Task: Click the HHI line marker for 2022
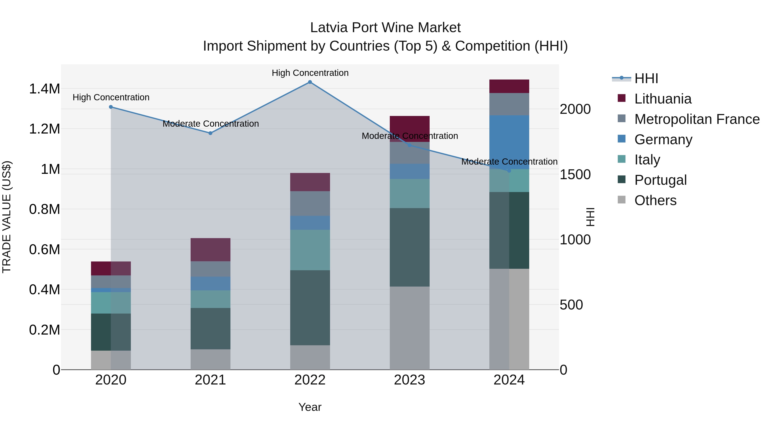[x=310, y=82]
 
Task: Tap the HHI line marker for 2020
[x=111, y=107]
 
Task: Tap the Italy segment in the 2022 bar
[x=310, y=250]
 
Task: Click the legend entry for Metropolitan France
[x=697, y=119]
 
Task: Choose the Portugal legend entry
[x=660, y=180]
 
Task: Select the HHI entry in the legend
[x=646, y=78]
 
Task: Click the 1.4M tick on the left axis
[x=44, y=89]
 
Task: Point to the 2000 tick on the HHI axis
[x=575, y=109]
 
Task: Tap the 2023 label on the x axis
[x=409, y=380]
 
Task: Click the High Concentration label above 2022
[x=310, y=73]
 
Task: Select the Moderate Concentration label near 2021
[x=210, y=124]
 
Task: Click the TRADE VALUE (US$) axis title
[x=7, y=217]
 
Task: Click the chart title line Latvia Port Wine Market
[x=385, y=28]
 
